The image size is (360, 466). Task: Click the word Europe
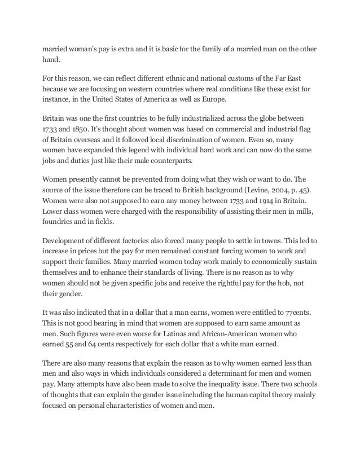[x=208, y=99]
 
